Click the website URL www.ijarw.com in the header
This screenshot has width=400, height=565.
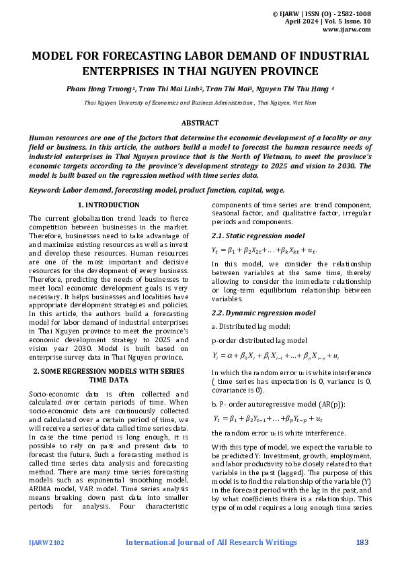346,30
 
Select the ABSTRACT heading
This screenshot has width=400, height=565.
200,123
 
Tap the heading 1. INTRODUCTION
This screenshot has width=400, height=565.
109,205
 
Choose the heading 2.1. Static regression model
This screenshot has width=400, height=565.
257,236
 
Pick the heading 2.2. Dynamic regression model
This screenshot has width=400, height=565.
264,313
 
